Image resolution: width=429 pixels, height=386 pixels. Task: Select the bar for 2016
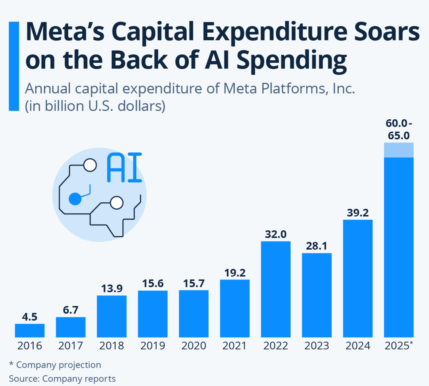[30, 331]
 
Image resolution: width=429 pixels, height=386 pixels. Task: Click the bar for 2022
[276, 289]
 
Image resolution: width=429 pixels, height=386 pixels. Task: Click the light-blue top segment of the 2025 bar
[399, 150]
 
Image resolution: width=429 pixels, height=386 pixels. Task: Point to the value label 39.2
[358, 213]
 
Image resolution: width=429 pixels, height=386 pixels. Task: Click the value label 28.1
[316, 246]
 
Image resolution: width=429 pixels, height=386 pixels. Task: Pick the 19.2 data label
[235, 273]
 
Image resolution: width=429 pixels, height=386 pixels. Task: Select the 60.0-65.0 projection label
[399, 130]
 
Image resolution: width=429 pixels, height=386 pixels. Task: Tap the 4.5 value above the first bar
[29, 317]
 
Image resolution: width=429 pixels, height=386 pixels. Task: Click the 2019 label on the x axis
[153, 346]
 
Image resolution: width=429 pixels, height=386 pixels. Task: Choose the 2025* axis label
[399, 346]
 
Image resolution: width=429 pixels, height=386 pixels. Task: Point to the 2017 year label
[70, 346]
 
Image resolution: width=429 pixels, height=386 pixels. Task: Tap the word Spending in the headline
[291, 60]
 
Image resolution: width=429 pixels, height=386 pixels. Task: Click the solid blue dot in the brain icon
[75, 199]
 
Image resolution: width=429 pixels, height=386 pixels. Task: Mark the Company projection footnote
[55, 365]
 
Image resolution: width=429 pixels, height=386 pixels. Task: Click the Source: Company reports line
[62, 379]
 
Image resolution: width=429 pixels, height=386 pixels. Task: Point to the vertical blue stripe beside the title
[14, 66]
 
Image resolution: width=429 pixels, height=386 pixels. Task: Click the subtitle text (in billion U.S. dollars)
[95, 106]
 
